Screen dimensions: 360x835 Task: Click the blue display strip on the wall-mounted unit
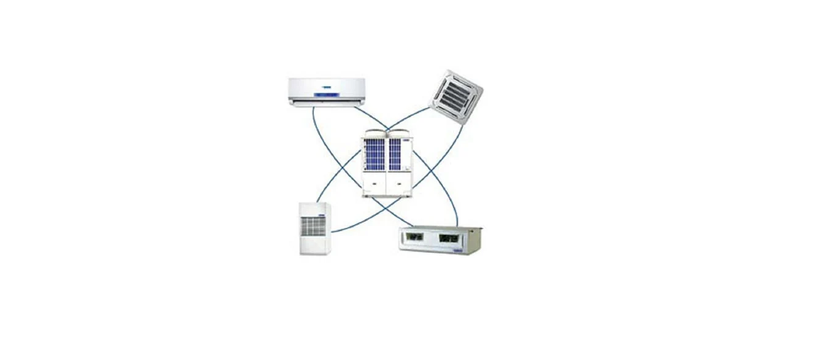(x=327, y=95)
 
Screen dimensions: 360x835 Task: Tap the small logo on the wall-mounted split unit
(x=326, y=87)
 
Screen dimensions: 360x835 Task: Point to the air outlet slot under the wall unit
(x=327, y=103)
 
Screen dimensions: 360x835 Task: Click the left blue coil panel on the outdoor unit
(x=375, y=154)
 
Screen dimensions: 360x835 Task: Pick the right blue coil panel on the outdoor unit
(x=395, y=154)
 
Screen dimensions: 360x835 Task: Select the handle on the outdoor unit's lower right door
(x=398, y=182)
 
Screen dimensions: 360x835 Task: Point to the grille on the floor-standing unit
(x=314, y=226)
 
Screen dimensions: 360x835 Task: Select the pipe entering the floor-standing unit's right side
(x=334, y=232)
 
